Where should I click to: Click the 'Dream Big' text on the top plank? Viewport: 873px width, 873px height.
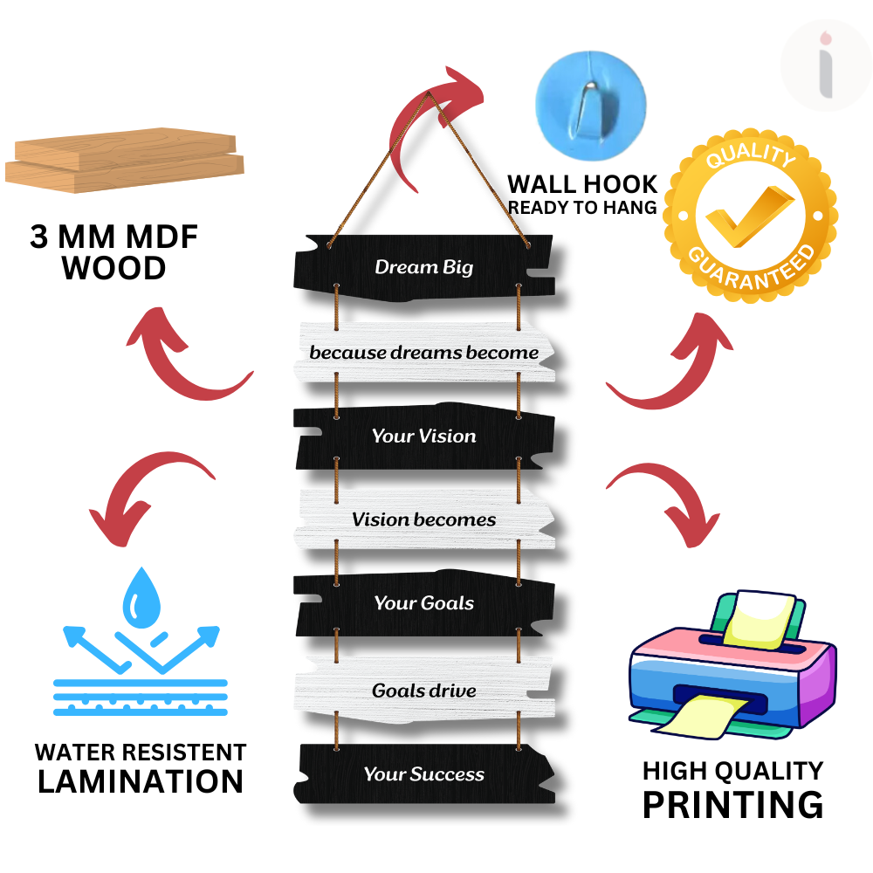tap(423, 266)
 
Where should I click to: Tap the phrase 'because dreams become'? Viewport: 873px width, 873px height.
tap(423, 353)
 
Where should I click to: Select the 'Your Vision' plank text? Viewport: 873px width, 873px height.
tap(423, 436)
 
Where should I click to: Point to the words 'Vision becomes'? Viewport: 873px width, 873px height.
tap(423, 519)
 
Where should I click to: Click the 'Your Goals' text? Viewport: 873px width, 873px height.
tap(423, 603)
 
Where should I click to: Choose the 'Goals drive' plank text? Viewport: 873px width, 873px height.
tap(423, 691)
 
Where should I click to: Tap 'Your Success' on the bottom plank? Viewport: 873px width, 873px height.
tap(423, 774)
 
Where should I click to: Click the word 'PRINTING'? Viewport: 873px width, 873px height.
tap(732, 804)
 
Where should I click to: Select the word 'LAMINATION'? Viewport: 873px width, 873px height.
tap(141, 780)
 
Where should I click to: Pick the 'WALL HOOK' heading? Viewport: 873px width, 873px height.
tap(582, 184)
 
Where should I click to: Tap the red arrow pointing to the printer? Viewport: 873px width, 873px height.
tap(667, 502)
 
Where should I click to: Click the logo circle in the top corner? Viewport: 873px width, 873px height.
tap(825, 65)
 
